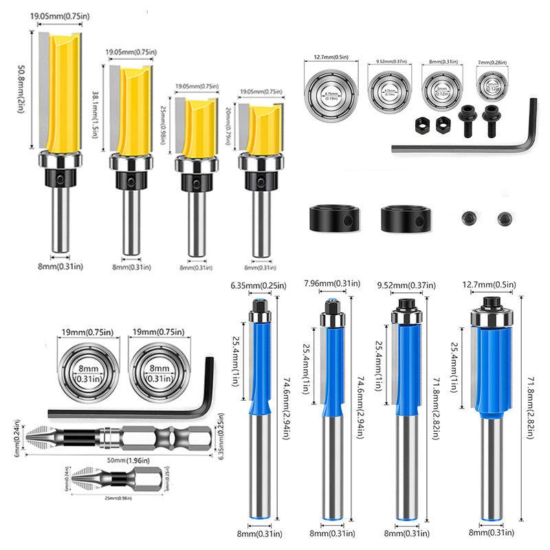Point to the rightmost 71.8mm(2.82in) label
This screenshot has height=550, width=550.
(526, 412)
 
